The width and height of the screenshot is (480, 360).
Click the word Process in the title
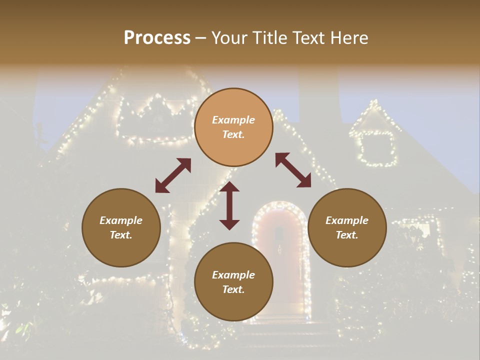[x=157, y=38]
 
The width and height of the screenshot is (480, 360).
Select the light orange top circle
[x=233, y=127]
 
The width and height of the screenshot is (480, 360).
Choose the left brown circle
[x=121, y=227]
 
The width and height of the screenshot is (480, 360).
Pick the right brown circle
[x=347, y=227]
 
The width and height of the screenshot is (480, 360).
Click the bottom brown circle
[x=233, y=282]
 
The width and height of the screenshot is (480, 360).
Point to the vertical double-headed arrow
[x=229, y=205]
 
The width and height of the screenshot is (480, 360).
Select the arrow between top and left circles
[x=173, y=175]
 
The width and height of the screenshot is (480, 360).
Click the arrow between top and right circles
[x=293, y=170]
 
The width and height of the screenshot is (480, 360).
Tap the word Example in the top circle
[x=233, y=120]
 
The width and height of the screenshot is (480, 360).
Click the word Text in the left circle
[x=120, y=235]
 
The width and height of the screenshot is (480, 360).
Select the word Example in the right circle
[x=347, y=220]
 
